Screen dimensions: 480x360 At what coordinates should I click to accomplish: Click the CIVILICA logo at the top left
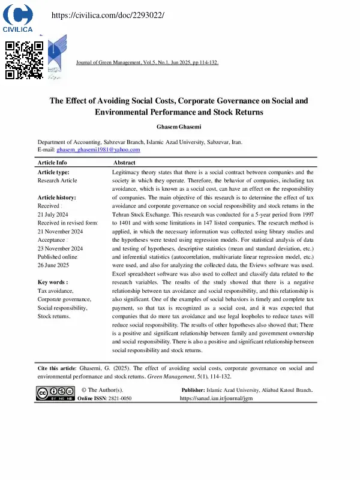[x=17, y=17]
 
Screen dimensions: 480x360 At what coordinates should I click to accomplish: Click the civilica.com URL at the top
[x=107, y=14]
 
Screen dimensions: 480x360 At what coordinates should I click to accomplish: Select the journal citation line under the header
[x=148, y=62]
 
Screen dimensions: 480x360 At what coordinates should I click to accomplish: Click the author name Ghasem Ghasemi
[x=178, y=127]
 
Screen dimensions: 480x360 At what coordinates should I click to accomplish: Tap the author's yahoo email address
[x=98, y=149]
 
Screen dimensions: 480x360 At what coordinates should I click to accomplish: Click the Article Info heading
[x=52, y=163]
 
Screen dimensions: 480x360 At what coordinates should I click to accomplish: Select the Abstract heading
[x=124, y=163]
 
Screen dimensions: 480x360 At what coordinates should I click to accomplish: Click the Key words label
[x=53, y=282]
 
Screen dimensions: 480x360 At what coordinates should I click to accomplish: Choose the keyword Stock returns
[x=54, y=316]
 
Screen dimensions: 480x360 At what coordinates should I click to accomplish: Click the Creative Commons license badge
[x=55, y=394]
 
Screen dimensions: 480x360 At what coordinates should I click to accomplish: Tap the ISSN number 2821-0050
[x=120, y=398]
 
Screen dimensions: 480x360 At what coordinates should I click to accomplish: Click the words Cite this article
[x=57, y=368]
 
